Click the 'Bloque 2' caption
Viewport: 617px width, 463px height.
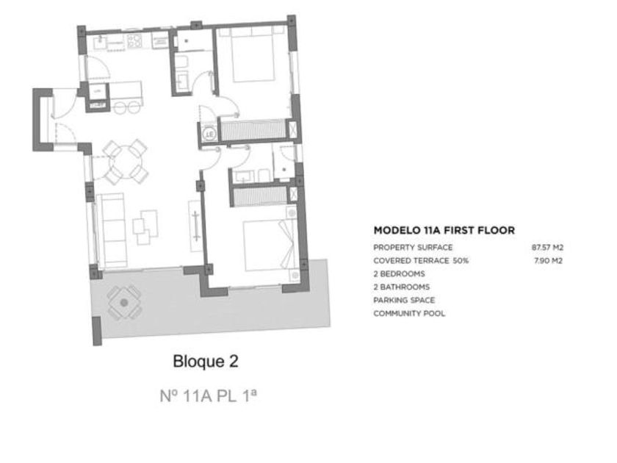click(x=206, y=362)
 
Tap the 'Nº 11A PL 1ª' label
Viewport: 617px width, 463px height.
click(x=209, y=395)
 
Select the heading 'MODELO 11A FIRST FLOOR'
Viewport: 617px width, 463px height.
click(x=444, y=230)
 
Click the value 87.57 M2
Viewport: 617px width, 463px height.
click(x=547, y=248)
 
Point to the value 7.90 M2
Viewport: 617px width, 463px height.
click(x=548, y=261)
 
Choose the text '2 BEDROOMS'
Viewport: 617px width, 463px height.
click(x=399, y=273)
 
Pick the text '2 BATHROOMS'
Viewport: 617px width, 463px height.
click(x=401, y=287)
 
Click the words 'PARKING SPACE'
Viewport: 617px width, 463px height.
click(x=404, y=300)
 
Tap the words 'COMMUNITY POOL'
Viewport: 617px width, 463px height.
click(x=409, y=313)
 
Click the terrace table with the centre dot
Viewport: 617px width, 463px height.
click(x=124, y=302)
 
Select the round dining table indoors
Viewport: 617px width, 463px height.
click(x=126, y=162)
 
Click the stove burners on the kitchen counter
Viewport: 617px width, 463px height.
click(x=134, y=41)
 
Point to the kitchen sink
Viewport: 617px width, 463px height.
click(x=100, y=41)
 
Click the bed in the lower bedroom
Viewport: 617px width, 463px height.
click(x=269, y=245)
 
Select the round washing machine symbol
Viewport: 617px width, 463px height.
click(x=210, y=134)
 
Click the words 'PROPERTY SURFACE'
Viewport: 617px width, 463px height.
click(x=413, y=248)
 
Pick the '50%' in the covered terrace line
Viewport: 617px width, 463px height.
click(x=461, y=261)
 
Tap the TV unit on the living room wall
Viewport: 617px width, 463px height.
click(x=195, y=226)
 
